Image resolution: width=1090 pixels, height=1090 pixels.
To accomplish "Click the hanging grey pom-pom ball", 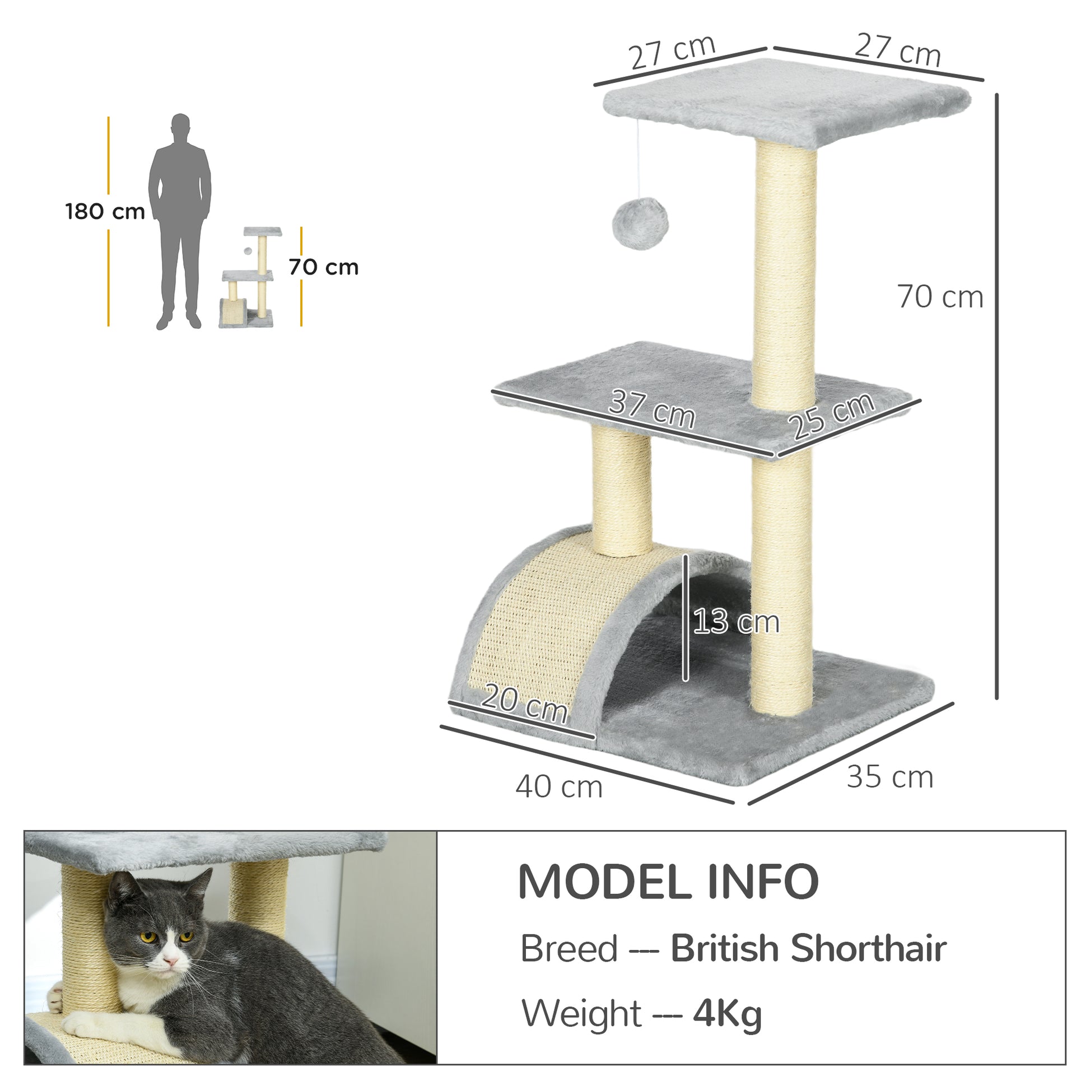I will coord(640,223).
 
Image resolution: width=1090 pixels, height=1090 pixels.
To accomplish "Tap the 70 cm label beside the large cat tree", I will coord(940,297).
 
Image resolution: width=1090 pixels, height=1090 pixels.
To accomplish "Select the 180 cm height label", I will coord(105,212).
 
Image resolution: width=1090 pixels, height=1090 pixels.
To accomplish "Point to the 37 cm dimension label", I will coord(651,410).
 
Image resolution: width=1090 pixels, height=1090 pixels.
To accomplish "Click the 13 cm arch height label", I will coord(735,622).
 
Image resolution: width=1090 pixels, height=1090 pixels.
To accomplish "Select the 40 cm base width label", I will coord(559,787).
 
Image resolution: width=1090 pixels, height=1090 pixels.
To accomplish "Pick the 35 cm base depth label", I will coord(889,777).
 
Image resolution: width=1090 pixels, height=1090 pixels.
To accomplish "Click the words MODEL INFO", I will coord(668,882).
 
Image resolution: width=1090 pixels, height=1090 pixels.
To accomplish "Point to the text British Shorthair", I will coord(808,948).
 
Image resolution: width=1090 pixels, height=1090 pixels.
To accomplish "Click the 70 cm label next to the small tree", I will coord(323,267).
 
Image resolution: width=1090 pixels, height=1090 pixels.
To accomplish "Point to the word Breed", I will coord(569,949).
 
